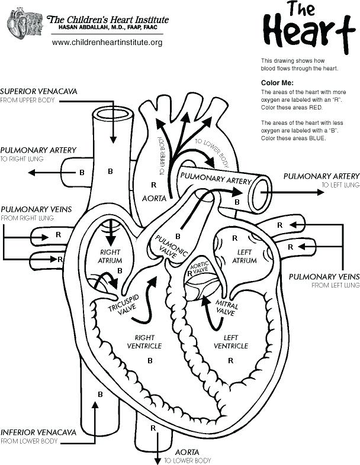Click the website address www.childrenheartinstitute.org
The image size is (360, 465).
[x=107, y=43]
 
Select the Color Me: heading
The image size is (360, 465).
[x=277, y=83]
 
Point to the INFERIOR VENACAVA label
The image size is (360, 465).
[x=38, y=432]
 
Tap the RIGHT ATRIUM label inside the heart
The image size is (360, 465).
[x=111, y=256]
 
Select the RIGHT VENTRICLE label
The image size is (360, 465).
[x=144, y=341]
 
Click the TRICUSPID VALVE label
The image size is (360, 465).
[x=123, y=302]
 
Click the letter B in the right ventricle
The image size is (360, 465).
[x=150, y=360]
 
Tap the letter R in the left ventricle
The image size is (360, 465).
[x=230, y=360]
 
